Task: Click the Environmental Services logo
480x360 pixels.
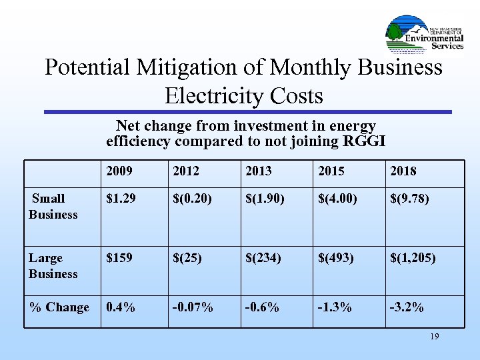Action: [x=425, y=35]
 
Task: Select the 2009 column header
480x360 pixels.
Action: [x=119, y=171]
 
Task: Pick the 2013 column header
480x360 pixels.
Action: [x=259, y=171]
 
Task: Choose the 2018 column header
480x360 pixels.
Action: [x=403, y=171]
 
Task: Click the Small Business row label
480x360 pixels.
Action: [x=53, y=207]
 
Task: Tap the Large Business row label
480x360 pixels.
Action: [x=53, y=266]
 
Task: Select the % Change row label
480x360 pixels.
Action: [x=59, y=307]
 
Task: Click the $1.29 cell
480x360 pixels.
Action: [x=121, y=199]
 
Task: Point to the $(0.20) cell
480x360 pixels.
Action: [x=193, y=199]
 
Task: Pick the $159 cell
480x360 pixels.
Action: [x=118, y=258]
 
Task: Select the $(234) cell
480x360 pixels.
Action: [x=263, y=258]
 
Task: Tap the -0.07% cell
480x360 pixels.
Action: [x=193, y=307]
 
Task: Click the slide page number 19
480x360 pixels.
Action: [x=434, y=337]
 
